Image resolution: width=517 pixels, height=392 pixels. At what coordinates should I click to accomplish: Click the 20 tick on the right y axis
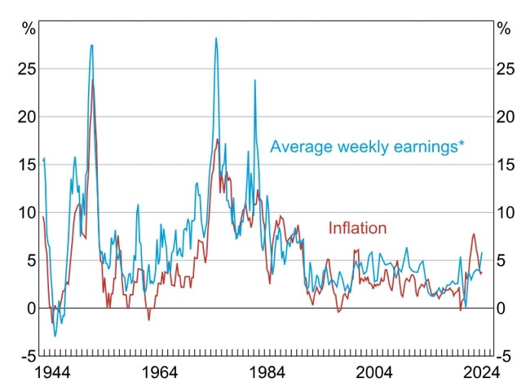(x=506, y=117)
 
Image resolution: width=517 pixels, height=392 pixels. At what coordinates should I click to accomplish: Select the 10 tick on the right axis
(x=506, y=213)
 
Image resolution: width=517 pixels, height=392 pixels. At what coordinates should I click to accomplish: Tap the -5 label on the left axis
(x=26, y=356)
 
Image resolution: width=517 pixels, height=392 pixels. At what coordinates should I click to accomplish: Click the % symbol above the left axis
(x=29, y=30)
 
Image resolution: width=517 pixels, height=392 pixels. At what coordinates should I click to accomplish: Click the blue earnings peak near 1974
(x=216, y=38)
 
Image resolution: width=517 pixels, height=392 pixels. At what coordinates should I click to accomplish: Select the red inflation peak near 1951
(x=93, y=81)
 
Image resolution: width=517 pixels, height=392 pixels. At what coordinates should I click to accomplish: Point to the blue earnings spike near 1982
(x=254, y=80)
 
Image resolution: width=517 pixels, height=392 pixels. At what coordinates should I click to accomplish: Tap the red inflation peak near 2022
(x=474, y=235)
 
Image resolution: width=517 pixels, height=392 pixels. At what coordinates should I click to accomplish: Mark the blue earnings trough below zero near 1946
(x=55, y=336)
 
